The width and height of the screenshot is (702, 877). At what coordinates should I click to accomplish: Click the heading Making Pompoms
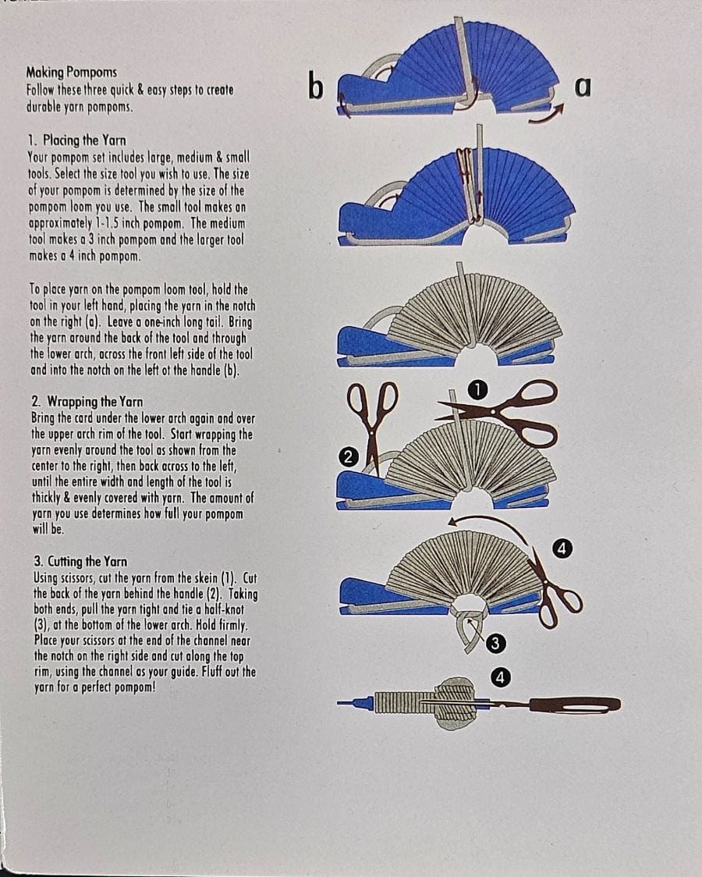tap(72, 72)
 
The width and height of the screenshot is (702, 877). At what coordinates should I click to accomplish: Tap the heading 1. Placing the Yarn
tap(77, 140)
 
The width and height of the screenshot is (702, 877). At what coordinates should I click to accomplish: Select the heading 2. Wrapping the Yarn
tap(87, 402)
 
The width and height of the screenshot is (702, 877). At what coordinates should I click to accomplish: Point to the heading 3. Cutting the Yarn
tap(80, 562)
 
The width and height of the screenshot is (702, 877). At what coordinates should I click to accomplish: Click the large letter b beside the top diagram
tap(316, 86)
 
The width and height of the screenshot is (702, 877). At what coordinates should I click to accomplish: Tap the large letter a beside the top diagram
tap(583, 87)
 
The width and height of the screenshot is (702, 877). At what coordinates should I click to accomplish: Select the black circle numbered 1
tap(478, 390)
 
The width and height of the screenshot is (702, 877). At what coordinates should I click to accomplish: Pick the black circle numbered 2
tap(348, 457)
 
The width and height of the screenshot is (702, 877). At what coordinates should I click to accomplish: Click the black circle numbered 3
tap(495, 644)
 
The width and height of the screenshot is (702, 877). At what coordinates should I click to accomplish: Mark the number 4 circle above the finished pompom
tap(500, 677)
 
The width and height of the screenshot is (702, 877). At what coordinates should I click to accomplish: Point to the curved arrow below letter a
tap(548, 115)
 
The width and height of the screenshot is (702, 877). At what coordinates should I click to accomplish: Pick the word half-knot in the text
tap(220, 609)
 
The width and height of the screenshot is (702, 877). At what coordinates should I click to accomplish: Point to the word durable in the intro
tap(44, 106)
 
